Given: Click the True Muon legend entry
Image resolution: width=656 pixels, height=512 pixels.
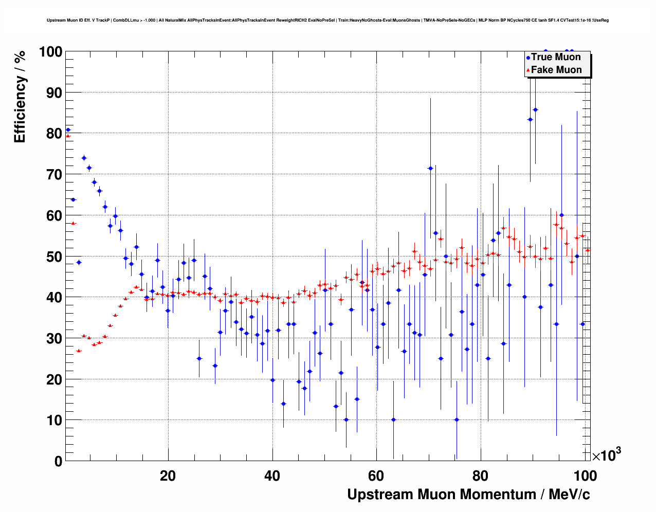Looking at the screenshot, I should coord(555,57).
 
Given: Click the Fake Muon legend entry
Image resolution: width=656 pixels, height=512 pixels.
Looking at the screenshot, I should coord(555,70).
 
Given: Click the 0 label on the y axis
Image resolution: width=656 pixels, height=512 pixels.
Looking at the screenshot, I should coord(58,461).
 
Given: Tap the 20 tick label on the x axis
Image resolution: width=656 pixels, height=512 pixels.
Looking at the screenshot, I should coord(168,476).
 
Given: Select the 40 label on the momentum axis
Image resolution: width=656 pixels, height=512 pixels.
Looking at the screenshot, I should coord(272,476).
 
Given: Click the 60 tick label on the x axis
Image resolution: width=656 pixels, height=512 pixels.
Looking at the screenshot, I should coord(376,476).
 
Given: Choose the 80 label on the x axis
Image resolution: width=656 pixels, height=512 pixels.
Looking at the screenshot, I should coord(481,476).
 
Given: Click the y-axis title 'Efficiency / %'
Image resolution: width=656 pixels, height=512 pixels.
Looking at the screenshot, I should coord(20,97).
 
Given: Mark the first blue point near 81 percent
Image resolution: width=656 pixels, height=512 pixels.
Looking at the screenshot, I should coord(68,130).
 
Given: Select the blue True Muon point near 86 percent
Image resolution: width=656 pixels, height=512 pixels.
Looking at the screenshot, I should coord(535,109).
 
